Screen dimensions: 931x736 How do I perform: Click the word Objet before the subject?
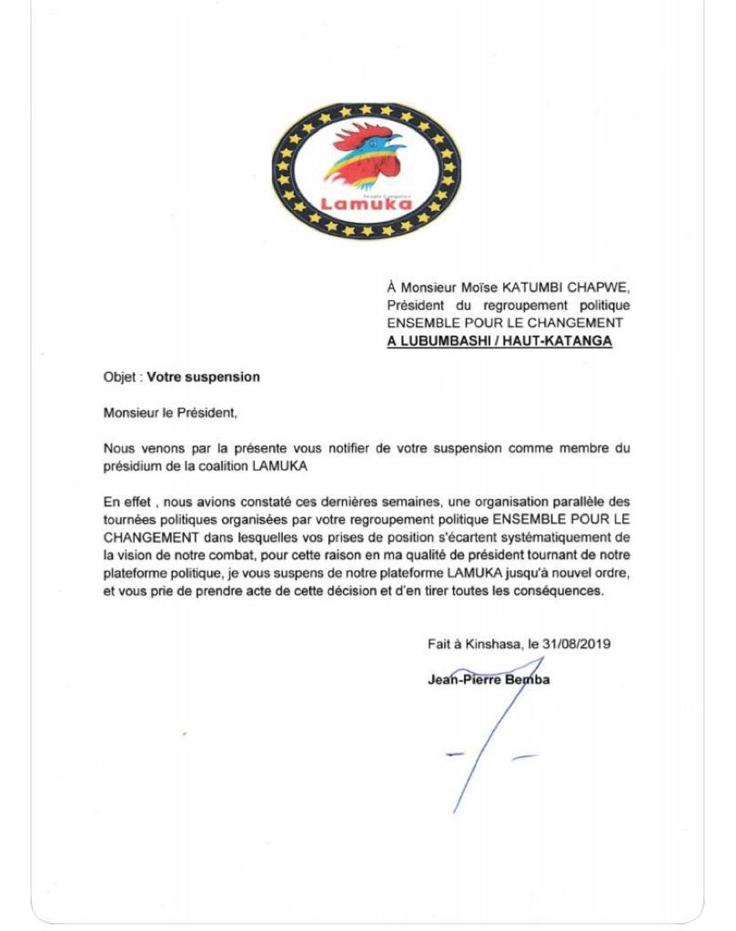pos(120,376)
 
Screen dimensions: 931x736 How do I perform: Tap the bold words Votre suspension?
pos(204,376)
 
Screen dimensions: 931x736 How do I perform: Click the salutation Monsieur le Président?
pos(170,413)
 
